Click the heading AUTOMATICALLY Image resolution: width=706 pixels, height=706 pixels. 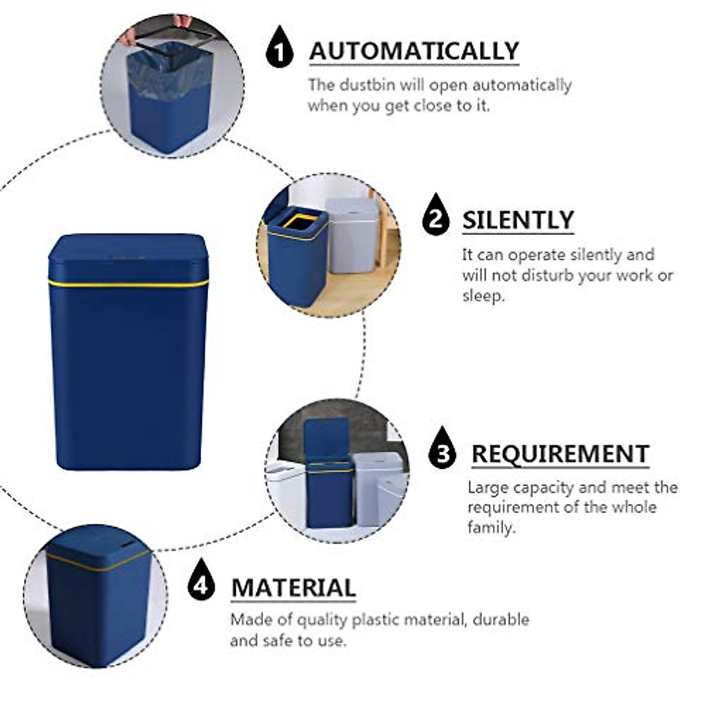click(414, 51)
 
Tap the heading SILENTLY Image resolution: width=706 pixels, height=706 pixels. click(517, 220)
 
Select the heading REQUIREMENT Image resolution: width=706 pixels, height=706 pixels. click(560, 454)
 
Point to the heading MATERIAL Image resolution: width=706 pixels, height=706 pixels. click(293, 588)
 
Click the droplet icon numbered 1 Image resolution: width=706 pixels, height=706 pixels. click(279, 47)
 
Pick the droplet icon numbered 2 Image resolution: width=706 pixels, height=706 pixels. click(435, 216)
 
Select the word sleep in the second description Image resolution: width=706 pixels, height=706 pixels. click(482, 296)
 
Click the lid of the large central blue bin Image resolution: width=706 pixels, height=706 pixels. click(128, 256)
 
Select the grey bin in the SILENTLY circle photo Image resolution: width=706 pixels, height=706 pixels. click(352, 235)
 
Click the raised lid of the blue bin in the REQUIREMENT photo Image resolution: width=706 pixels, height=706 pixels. click(327, 438)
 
